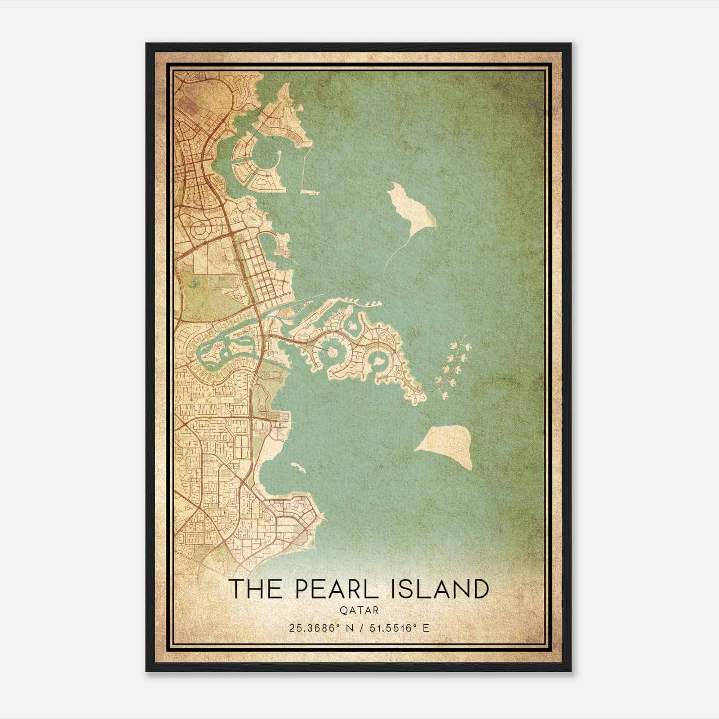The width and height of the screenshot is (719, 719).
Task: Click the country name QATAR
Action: coord(359,610)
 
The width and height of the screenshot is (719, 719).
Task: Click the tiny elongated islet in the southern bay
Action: coord(298,467)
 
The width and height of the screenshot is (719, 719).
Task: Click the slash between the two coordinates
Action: coord(359,628)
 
